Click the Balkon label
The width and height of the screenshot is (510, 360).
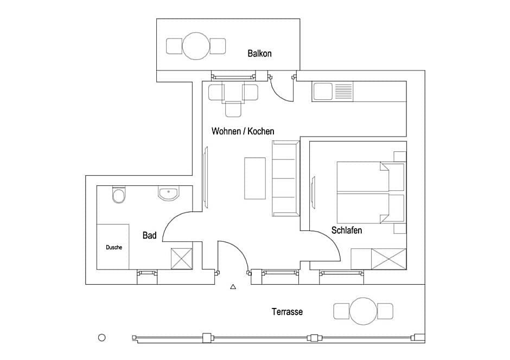coord(259,53)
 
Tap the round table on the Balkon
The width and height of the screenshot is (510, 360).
coord(196,46)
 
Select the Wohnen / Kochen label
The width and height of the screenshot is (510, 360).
coord(243,131)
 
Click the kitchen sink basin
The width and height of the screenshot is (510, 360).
coord(323,91)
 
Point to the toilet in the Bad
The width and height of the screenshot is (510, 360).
coord(119,195)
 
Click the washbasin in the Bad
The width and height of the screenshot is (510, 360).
coord(168,194)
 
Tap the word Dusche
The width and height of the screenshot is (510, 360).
coord(114,247)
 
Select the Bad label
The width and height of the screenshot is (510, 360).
coord(149,235)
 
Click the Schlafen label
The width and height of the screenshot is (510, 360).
coord(346,230)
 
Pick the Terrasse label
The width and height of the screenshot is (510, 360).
coord(287,312)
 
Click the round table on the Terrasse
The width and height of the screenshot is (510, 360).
coord(364,311)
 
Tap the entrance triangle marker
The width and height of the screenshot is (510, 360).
coord(233,287)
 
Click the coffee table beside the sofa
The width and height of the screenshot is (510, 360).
coord(255,178)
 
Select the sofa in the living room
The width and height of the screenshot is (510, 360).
coord(285,178)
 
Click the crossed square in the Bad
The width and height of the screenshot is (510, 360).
coord(182,259)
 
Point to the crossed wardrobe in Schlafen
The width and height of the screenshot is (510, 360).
coord(388,259)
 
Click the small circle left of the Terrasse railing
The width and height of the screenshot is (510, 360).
coord(102,338)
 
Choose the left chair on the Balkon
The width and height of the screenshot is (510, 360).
coord(174,46)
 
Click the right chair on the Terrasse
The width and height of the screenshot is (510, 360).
coord(385,311)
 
